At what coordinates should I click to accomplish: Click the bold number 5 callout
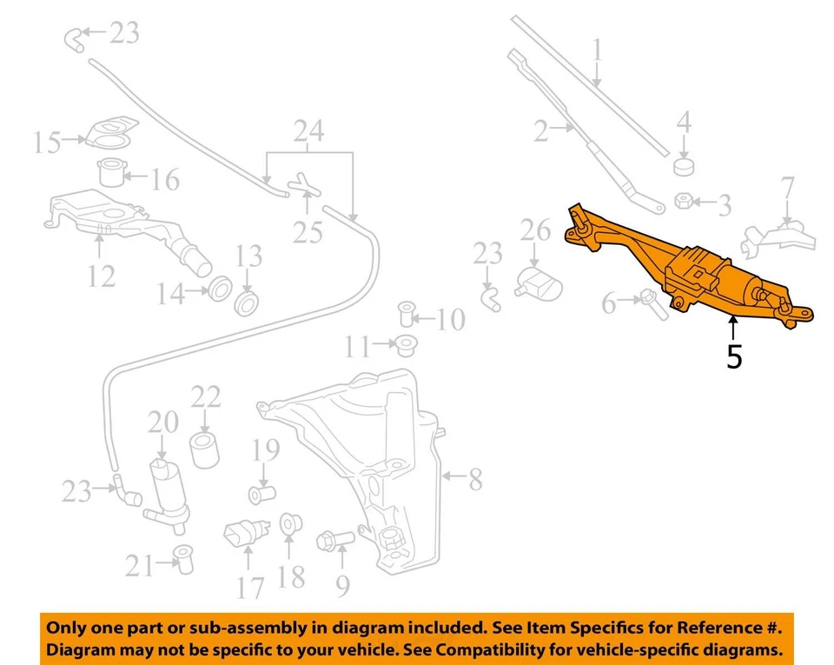point(734,356)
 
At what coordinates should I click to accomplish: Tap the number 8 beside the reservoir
point(475,479)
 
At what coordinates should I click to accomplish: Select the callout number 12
point(101,276)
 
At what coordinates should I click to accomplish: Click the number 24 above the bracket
point(308,132)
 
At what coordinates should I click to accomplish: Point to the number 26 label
point(536,230)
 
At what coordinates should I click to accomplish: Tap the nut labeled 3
point(684,203)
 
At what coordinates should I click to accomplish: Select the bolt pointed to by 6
point(650,301)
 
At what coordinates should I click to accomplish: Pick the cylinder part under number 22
point(205,451)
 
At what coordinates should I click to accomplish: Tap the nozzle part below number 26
point(537,283)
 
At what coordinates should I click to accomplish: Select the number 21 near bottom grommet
point(139,566)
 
